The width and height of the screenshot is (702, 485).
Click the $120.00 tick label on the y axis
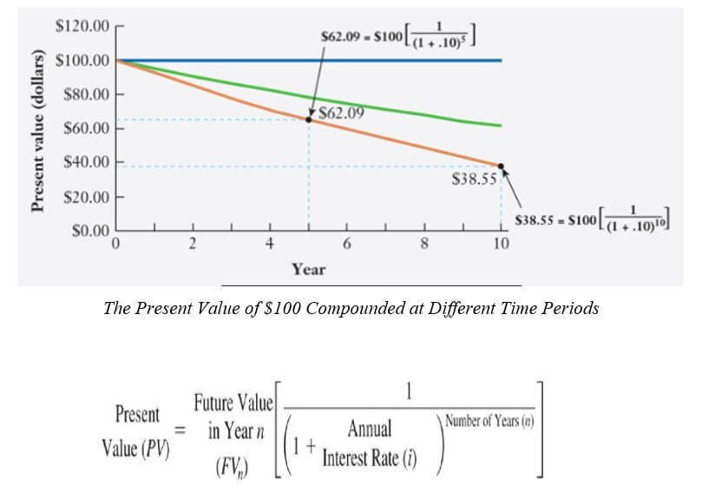[82, 26]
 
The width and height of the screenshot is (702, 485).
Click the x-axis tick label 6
[346, 245]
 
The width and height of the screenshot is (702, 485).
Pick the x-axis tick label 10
[501, 245]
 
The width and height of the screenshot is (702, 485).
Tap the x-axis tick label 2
[193, 245]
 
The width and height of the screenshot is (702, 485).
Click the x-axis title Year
[308, 269]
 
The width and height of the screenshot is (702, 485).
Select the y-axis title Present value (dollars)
[38, 130]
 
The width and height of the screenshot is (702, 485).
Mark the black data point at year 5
[308, 120]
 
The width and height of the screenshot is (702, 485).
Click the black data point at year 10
[501, 166]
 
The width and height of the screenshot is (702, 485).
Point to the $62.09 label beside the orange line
[341, 113]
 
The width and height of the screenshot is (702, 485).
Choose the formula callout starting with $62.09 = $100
[400, 39]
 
